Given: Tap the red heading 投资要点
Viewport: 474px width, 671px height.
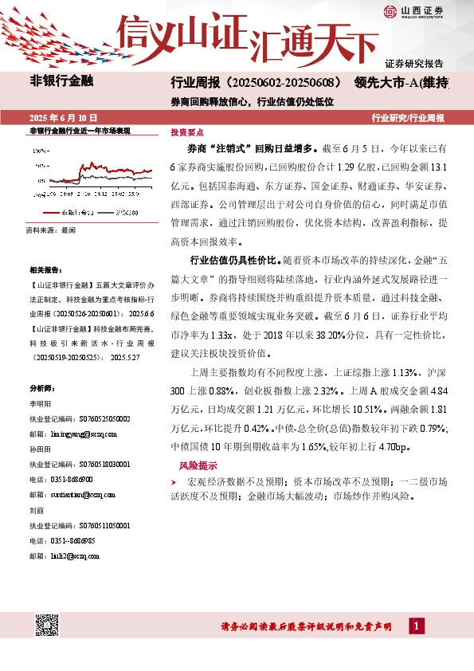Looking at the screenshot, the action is click(187, 132).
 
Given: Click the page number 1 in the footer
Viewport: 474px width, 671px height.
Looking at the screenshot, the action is click(417, 627).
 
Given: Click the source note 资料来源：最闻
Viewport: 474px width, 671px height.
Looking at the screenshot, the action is click(52, 230).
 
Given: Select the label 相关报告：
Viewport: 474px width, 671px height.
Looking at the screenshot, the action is click(45, 270).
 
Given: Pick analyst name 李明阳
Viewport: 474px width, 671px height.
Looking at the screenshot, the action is click(39, 404).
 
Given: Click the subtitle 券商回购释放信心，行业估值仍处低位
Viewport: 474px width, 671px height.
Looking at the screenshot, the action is click(252, 102).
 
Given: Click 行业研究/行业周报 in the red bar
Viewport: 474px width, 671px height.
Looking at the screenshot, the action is click(408, 117).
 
